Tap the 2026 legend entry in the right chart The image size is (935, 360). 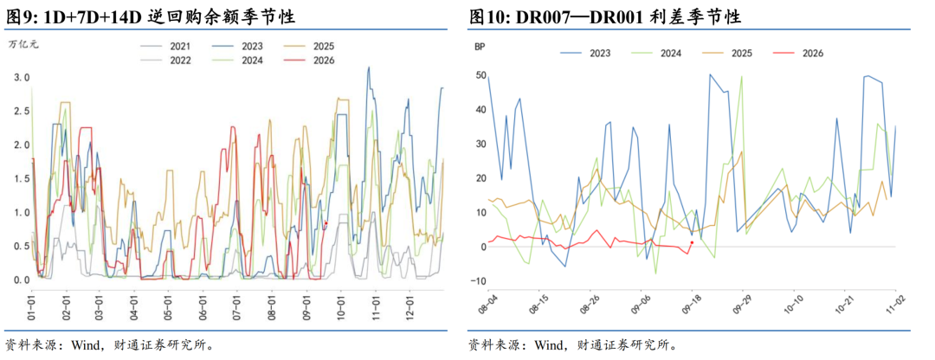(798, 53)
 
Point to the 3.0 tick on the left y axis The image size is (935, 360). (22, 78)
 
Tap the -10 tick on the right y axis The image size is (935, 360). (479, 281)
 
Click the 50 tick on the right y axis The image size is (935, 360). (480, 75)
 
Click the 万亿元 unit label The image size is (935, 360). (23, 43)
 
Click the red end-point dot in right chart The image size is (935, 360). (692, 242)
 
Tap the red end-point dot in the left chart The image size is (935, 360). (326, 223)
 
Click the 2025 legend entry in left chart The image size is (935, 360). (309, 46)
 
